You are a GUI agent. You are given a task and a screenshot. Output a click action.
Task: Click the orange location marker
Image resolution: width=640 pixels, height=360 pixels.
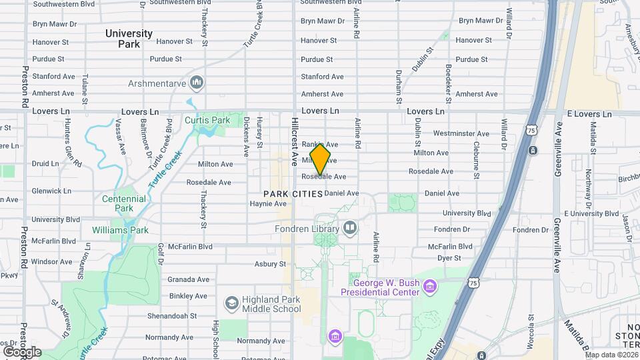[320, 159]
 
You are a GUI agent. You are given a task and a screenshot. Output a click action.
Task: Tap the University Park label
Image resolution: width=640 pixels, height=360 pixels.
[129, 39]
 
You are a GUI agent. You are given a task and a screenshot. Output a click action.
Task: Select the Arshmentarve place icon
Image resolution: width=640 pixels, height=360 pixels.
[196, 83]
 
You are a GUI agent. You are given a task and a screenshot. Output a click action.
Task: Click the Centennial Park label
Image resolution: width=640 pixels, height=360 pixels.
[124, 203]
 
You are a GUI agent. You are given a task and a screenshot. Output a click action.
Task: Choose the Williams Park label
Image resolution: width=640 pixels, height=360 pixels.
[121, 231]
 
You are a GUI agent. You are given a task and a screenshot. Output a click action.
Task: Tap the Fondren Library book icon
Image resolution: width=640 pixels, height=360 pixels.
[350, 227]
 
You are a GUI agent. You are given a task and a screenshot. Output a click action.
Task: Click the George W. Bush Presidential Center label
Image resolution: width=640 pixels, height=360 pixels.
[380, 287]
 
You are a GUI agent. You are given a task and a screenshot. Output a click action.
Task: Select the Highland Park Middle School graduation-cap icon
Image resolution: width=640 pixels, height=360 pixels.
[231, 303]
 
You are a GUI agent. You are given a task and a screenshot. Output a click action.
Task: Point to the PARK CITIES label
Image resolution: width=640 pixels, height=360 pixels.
[293, 193]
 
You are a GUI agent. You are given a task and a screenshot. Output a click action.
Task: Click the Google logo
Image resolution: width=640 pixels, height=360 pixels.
[22, 351]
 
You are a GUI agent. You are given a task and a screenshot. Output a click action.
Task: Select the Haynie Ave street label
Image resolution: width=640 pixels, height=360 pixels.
[268, 204]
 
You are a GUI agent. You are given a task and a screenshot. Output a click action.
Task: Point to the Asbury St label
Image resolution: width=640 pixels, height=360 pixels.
[270, 264]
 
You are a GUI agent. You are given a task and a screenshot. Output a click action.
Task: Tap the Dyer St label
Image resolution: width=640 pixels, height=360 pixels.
[449, 257]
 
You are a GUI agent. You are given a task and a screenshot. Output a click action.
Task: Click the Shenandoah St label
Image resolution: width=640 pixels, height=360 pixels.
[172, 315]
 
